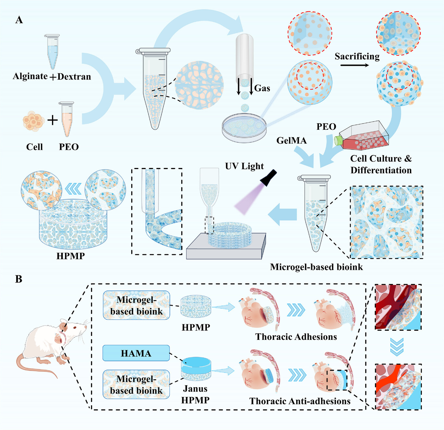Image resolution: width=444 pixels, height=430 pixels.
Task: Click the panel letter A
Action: [19, 20]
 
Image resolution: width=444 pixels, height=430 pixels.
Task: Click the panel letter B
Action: [19, 279]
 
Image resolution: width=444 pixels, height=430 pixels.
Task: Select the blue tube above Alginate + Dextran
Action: [52, 52]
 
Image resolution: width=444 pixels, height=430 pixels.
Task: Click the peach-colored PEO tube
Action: [67, 119]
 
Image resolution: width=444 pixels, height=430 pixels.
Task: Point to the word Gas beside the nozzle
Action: [262, 88]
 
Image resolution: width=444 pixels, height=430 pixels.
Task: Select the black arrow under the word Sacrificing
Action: [355, 65]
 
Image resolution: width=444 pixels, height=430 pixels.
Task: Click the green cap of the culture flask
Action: [338, 140]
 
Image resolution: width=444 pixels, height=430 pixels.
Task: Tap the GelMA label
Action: [291, 140]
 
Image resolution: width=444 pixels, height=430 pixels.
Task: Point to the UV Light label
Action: [244, 166]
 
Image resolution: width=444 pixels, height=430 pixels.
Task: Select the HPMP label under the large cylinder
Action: [70, 256]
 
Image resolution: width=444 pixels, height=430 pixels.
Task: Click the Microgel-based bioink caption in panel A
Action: [316, 267]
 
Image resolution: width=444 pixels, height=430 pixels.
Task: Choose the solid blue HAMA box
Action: [136, 353]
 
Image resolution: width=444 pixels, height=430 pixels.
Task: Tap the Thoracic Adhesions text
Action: [296, 337]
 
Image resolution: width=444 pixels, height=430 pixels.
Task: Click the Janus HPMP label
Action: [195, 394]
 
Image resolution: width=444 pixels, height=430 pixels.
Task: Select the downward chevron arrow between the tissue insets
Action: [397, 347]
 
